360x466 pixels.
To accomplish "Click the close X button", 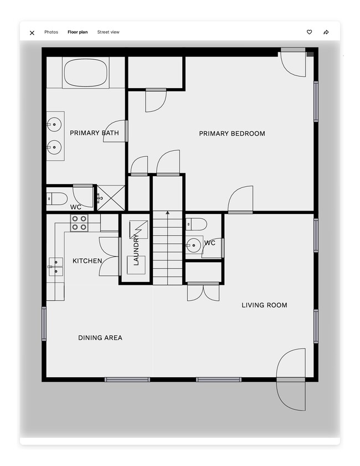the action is (32, 33).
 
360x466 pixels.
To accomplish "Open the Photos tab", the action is (51, 32).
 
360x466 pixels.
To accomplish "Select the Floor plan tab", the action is (78, 32).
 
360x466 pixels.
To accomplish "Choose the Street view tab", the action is (108, 32).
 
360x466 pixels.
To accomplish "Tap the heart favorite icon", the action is (309, 32).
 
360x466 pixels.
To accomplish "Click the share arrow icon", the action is (326, 32).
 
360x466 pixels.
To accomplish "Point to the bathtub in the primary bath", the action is (85, 72).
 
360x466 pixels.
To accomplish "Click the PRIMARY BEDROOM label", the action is (232, 134).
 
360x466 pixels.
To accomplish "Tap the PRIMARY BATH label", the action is (95, 133).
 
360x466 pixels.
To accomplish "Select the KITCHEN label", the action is (88, 261).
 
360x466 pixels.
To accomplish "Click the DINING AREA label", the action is (100, 338).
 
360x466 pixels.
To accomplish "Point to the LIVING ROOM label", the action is (264, 305).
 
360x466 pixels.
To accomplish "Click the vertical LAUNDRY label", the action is (136, 250).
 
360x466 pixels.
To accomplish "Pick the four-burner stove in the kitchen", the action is (79, 223).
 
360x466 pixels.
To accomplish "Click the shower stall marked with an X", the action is (111, 198).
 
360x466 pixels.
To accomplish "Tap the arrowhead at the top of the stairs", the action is (167, 213).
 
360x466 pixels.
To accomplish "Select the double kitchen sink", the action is (56, 267).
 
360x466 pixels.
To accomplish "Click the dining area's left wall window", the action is (44, 324).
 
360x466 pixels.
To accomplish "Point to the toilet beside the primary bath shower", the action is (57, 199).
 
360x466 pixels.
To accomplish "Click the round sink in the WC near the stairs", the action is (193, 245).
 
